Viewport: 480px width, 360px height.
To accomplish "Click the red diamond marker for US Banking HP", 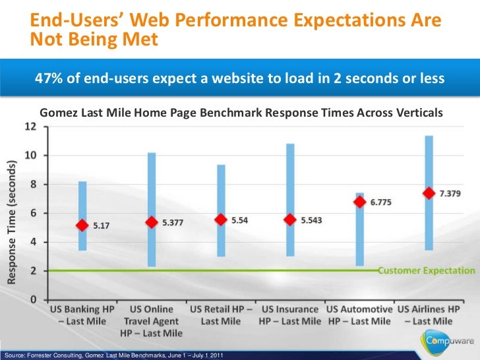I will [82, 225].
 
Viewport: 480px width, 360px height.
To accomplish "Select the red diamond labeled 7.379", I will [429, 193].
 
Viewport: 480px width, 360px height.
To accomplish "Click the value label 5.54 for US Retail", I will [240, 220].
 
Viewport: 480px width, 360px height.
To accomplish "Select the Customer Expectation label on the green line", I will [426, 270].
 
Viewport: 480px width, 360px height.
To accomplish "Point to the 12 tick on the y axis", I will [31, 127].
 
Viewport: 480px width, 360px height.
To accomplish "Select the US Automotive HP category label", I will [359, 315].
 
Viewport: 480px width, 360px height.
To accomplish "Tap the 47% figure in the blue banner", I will [47, 78].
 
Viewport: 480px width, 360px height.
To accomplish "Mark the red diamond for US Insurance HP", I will [289, 220].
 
